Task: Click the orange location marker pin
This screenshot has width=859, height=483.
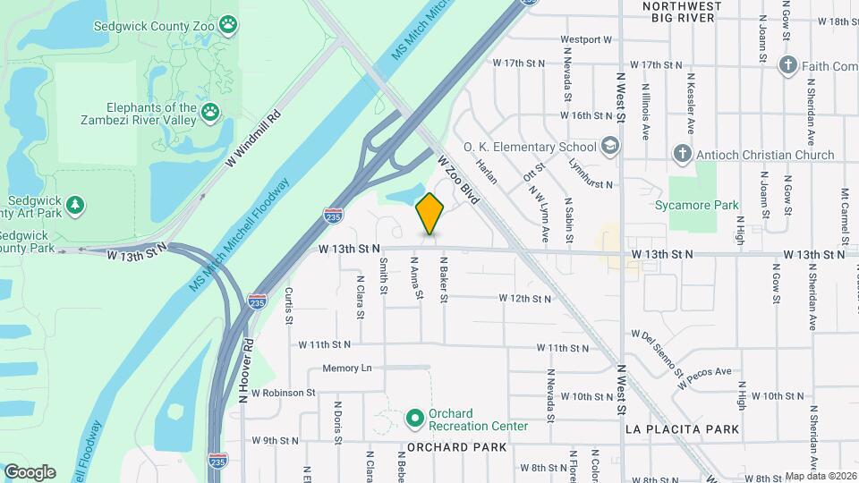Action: click(x=429, y=214)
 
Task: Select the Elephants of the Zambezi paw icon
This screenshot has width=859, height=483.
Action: click(x=210, y=111)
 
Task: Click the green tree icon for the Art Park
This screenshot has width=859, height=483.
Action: click(x=77, y=205)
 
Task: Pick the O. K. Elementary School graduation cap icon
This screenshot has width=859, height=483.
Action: click(x=609, y=146)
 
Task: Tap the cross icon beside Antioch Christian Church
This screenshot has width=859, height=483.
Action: click(x=681, y=154)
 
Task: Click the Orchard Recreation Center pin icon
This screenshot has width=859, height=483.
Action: click(x=414, y=418)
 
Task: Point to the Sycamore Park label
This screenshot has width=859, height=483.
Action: click(x=703, y=205)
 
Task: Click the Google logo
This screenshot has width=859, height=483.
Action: click(x=30, y=471)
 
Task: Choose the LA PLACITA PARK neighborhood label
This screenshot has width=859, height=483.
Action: click(x=682, y=429)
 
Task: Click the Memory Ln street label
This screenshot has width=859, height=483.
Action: click(x=347, y=369)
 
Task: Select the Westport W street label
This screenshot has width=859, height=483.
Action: click(x=585, y=40)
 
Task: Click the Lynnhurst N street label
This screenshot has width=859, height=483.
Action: click(x=591, y=174)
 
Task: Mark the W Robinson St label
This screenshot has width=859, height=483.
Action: click(x=284, y=393)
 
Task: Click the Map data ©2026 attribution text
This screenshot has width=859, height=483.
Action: click(x=821, y=476)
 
